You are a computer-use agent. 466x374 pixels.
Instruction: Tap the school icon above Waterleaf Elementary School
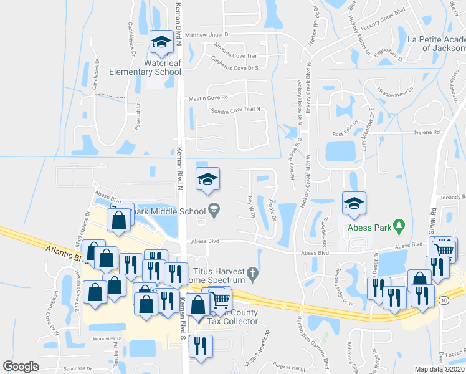click(x=162, y=42)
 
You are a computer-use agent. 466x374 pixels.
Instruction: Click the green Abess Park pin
click(x=401, y=224)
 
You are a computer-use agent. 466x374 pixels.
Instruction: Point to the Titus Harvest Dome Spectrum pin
click(x=252, y=272)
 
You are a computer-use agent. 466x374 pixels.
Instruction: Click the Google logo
click(x=21, y=367)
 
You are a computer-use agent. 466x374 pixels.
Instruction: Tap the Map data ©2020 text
click(x=440, y=369)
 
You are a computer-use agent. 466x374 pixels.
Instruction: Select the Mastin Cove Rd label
click(x=207, y=97)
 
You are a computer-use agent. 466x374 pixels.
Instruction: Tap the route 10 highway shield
click(x=460, y=301)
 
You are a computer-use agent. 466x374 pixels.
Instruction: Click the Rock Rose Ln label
click(x=346, y=133)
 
